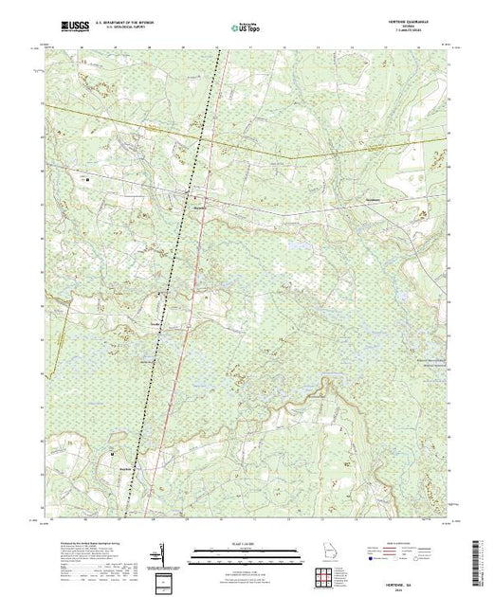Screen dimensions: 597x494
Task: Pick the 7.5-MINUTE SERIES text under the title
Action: point(410,34)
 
